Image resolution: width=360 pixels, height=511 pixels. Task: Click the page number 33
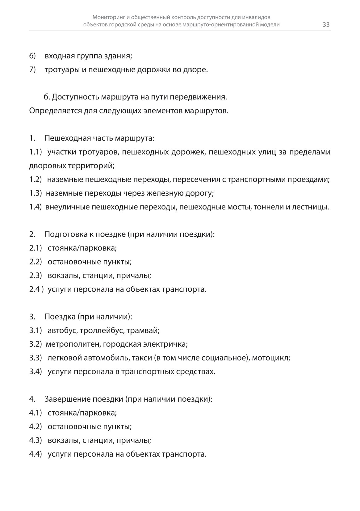tap(326, 25)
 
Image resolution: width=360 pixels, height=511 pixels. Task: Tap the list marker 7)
tap(33, 70)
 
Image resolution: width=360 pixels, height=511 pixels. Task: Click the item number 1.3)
tap(36, 193)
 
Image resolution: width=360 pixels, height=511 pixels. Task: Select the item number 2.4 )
tap(36, 289)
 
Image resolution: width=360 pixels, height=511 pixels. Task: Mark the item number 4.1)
tap(36, 413)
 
